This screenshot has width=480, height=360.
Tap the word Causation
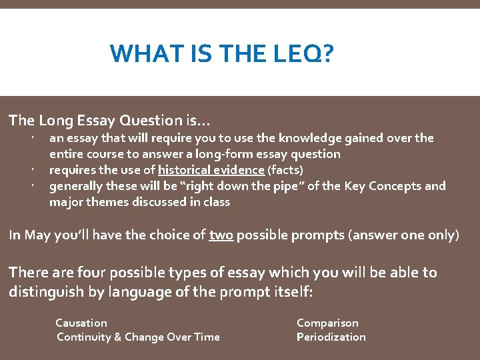pyautogui.click(x=81, y=323)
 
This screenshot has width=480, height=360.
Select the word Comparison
pyautogui.click(x=327, y=323)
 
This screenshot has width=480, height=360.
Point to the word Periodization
pyautogui.click(x=331, y=337)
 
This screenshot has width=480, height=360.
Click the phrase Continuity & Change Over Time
pyautogui.click(x=138, y=337)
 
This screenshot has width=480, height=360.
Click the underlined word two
pyautogui.click(x=221, y=235)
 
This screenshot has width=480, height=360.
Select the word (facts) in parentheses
pyautogui.click(x=285, y=170)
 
